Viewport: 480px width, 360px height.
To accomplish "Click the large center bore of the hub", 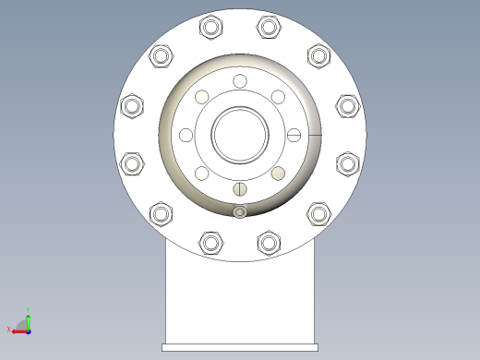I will tap(240, 135).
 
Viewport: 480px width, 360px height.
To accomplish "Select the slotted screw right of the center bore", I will tap(294, 135).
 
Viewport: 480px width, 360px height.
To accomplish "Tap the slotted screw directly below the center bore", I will tap(240, 189).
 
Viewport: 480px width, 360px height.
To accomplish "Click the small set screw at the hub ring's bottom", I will tap(240, 212).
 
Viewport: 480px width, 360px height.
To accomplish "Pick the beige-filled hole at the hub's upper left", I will tap(201, 97).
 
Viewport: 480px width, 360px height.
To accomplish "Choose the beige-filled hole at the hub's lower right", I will tap(278, 174).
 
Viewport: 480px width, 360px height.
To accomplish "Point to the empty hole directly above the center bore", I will tap(240, 81).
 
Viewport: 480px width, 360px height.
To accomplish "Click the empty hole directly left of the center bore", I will tap(186, 135).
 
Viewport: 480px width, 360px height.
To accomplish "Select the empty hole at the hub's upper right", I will tap(278, 97).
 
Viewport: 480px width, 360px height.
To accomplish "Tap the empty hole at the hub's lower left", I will tap(201, 174).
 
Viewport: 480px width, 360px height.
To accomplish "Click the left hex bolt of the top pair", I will tap(211, 28).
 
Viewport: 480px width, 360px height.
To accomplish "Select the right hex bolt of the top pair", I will tap(269, 28).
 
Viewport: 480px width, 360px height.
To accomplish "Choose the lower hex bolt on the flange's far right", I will tap(347, 164).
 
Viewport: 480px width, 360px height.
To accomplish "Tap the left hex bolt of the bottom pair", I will tap(211, 243).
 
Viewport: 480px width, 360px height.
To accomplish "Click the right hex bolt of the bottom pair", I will tap(269, 243).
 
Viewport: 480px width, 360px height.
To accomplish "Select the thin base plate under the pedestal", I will tap(240, 347).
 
